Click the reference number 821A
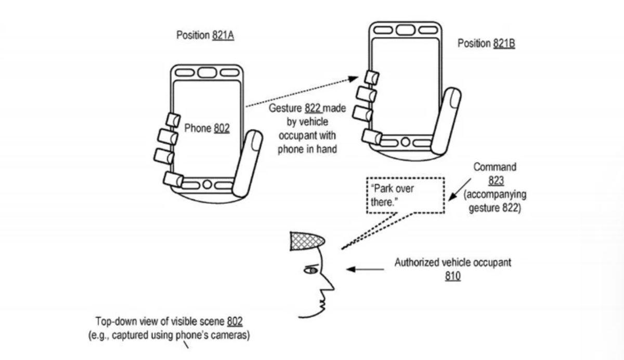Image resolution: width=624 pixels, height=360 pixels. tap(223, 36)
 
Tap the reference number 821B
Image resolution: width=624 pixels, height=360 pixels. tap(503, 44)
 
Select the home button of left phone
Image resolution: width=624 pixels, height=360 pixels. tap(206, 184)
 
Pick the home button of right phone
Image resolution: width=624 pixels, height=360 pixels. tap(405, 142)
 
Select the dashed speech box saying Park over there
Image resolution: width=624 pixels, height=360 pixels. tap(406, 195)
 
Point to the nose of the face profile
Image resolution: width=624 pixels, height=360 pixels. tap(331, 285)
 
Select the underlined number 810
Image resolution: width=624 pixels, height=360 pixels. tap(452, 276)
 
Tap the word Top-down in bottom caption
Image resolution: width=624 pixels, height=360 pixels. tap(114, 322)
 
